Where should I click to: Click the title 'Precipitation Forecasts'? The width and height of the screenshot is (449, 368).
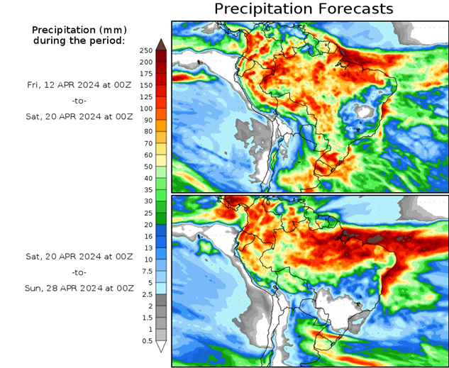(x=304, y=9)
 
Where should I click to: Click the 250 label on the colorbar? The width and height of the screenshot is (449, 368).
(x=146, y=50)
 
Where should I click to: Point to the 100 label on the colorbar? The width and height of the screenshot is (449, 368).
(x=146, y=108)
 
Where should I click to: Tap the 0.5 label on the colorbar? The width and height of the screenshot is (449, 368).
(x=146, y=341)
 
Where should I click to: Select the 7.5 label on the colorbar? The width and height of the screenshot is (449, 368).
(x=146, y=271)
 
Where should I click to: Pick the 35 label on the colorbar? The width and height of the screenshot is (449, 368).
(x=146, y=189)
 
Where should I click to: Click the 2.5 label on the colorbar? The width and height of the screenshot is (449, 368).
(x=146, y=294)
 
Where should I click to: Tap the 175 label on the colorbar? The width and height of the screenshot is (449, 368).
(x=146, y=74)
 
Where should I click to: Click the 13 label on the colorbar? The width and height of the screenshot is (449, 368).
(x=146, y=248)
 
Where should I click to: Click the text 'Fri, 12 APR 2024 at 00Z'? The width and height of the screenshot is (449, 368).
(x=79, y=84)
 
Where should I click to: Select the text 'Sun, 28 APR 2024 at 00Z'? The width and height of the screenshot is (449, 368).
(x=79, y=289)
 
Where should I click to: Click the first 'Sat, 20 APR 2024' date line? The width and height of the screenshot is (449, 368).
(x=79, y=118)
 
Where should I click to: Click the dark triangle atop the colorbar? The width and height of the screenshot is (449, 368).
(x=161, y=44)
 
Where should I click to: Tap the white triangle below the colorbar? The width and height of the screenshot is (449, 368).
(x=161, y=347)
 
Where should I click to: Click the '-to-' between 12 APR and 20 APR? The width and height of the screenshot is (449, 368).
(x=79, y=101)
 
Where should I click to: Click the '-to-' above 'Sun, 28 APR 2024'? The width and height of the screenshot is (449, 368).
(x=79, y=272)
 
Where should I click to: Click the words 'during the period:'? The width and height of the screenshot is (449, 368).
(x=79, y=40)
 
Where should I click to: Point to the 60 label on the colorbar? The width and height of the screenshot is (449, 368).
(x=146, y=155)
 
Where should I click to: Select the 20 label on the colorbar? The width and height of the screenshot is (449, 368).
(x=146, y=225)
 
